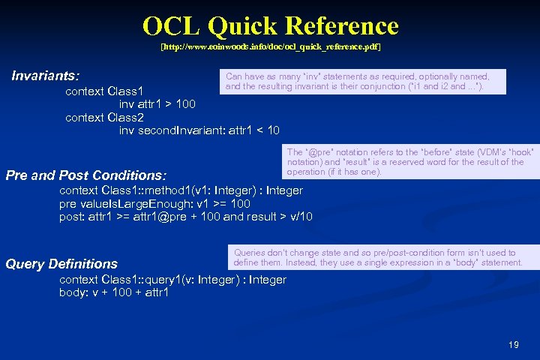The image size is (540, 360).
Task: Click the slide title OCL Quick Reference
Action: [x=270, y=26]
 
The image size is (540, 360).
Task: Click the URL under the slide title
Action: [x=270, y=47]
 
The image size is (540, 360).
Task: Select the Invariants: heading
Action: [x=46, y=76]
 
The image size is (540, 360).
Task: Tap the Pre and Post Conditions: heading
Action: [x=85, y=175]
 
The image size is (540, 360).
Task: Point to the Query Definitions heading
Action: [x=61, y=264]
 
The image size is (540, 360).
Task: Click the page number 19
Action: [x=513, y=345]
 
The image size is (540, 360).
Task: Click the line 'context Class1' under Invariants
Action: [x=106, y=91]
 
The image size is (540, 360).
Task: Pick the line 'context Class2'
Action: [x=106, y=118]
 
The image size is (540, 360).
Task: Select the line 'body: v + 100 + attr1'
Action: [x=114, y=292]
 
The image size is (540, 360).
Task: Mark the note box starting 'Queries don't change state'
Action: [x=379, y=258]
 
